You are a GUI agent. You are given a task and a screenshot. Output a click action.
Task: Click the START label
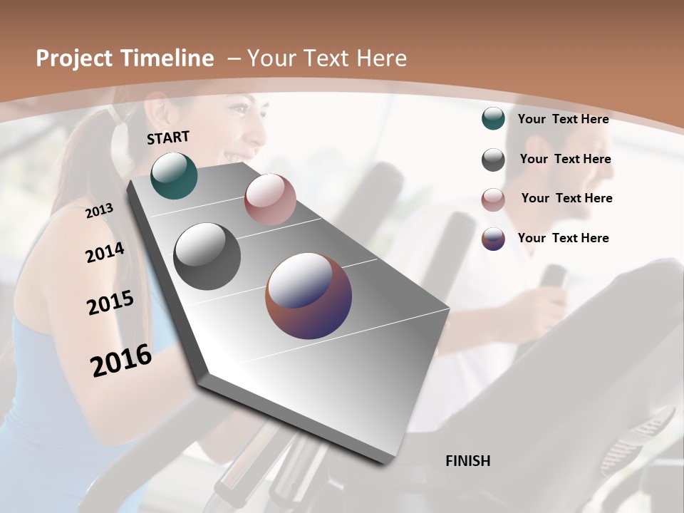pyautogui.click(x=168, y=138)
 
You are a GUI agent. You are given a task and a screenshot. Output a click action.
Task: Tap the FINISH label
pyautogui.click(x=468, y=461)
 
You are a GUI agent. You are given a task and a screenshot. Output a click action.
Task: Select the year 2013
pyautogui.click(x=100, y=211)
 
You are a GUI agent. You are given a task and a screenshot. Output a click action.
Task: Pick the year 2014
pyautogui.click(x=105, y=253)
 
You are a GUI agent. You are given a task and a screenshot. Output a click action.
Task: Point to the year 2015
pyautogui.click(x=110, y=303)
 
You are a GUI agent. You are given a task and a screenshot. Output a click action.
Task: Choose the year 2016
pyautogui.click(x=121, y=361)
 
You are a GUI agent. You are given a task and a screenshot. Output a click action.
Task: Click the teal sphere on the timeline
pyautogui.click(x=174, y=175)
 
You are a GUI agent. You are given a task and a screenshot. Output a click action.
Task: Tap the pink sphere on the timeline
pyautogui.click(x=270, y=199)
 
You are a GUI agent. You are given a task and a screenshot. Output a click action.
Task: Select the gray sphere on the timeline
pyautogui.click(x=207, y=256)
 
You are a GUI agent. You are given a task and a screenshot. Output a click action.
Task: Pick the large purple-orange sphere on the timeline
pyautogui.click(x=309, y=296)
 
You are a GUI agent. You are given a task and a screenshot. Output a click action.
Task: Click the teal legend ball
pyautogui.click(x=493, y=118)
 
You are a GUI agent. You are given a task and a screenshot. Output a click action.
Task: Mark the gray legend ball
pyautogui.click(x=493, y=160)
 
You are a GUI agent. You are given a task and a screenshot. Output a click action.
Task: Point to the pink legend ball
pyautogui.click(x=493, y=200)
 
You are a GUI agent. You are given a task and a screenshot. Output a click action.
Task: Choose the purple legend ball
pyautogui.click(x=493, y=239)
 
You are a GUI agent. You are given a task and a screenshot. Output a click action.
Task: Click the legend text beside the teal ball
pyautogui.click(x=563, y=119)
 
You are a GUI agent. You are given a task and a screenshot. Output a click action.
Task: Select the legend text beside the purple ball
pyautogui.click(x=563, y=238)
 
